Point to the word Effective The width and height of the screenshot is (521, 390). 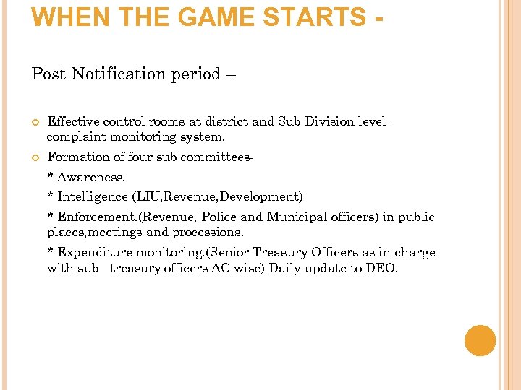tap(73, 121)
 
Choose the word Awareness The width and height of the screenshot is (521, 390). tap(91, 176)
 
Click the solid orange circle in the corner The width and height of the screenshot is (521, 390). tap(480, 341)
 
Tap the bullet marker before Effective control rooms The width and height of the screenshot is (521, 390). tap(34, 122)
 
